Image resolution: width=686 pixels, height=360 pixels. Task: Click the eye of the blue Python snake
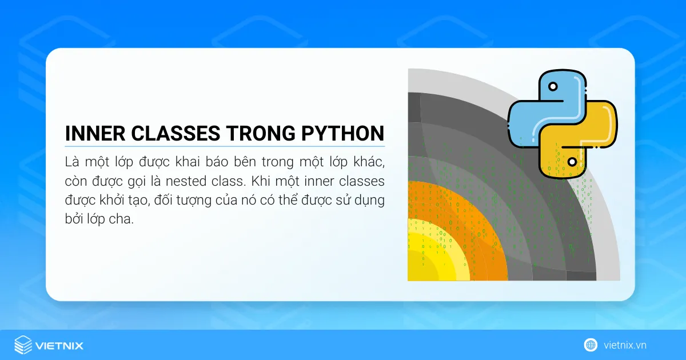pos(552,87)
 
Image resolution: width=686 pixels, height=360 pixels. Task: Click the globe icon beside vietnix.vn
pos(591,345)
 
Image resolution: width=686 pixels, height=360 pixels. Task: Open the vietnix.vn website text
pos(625,345)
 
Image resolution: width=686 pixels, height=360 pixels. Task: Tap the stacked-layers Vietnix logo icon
pos(23,345)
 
